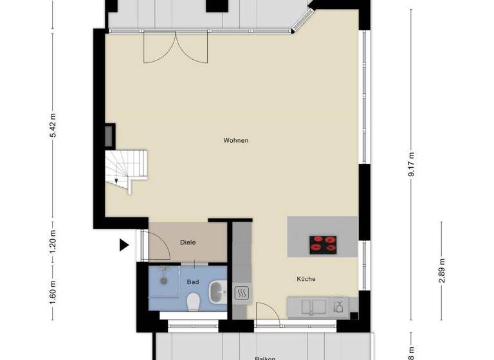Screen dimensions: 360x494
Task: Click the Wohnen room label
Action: [235, 140]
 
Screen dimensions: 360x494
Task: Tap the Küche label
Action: [306, 279]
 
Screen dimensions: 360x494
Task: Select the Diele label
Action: [187, 242]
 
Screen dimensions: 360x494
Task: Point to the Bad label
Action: [192, 282]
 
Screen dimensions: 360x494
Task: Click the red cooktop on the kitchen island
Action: [323, 243]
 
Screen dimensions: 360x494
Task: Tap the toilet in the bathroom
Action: [193, 301]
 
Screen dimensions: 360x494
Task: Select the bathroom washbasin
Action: [217, 291]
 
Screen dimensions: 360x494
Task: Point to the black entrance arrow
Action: [123, 244]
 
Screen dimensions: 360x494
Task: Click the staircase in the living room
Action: [126, 170]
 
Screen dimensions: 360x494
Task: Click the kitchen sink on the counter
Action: [311, 306]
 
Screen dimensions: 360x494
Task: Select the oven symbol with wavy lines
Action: [243, 293]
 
